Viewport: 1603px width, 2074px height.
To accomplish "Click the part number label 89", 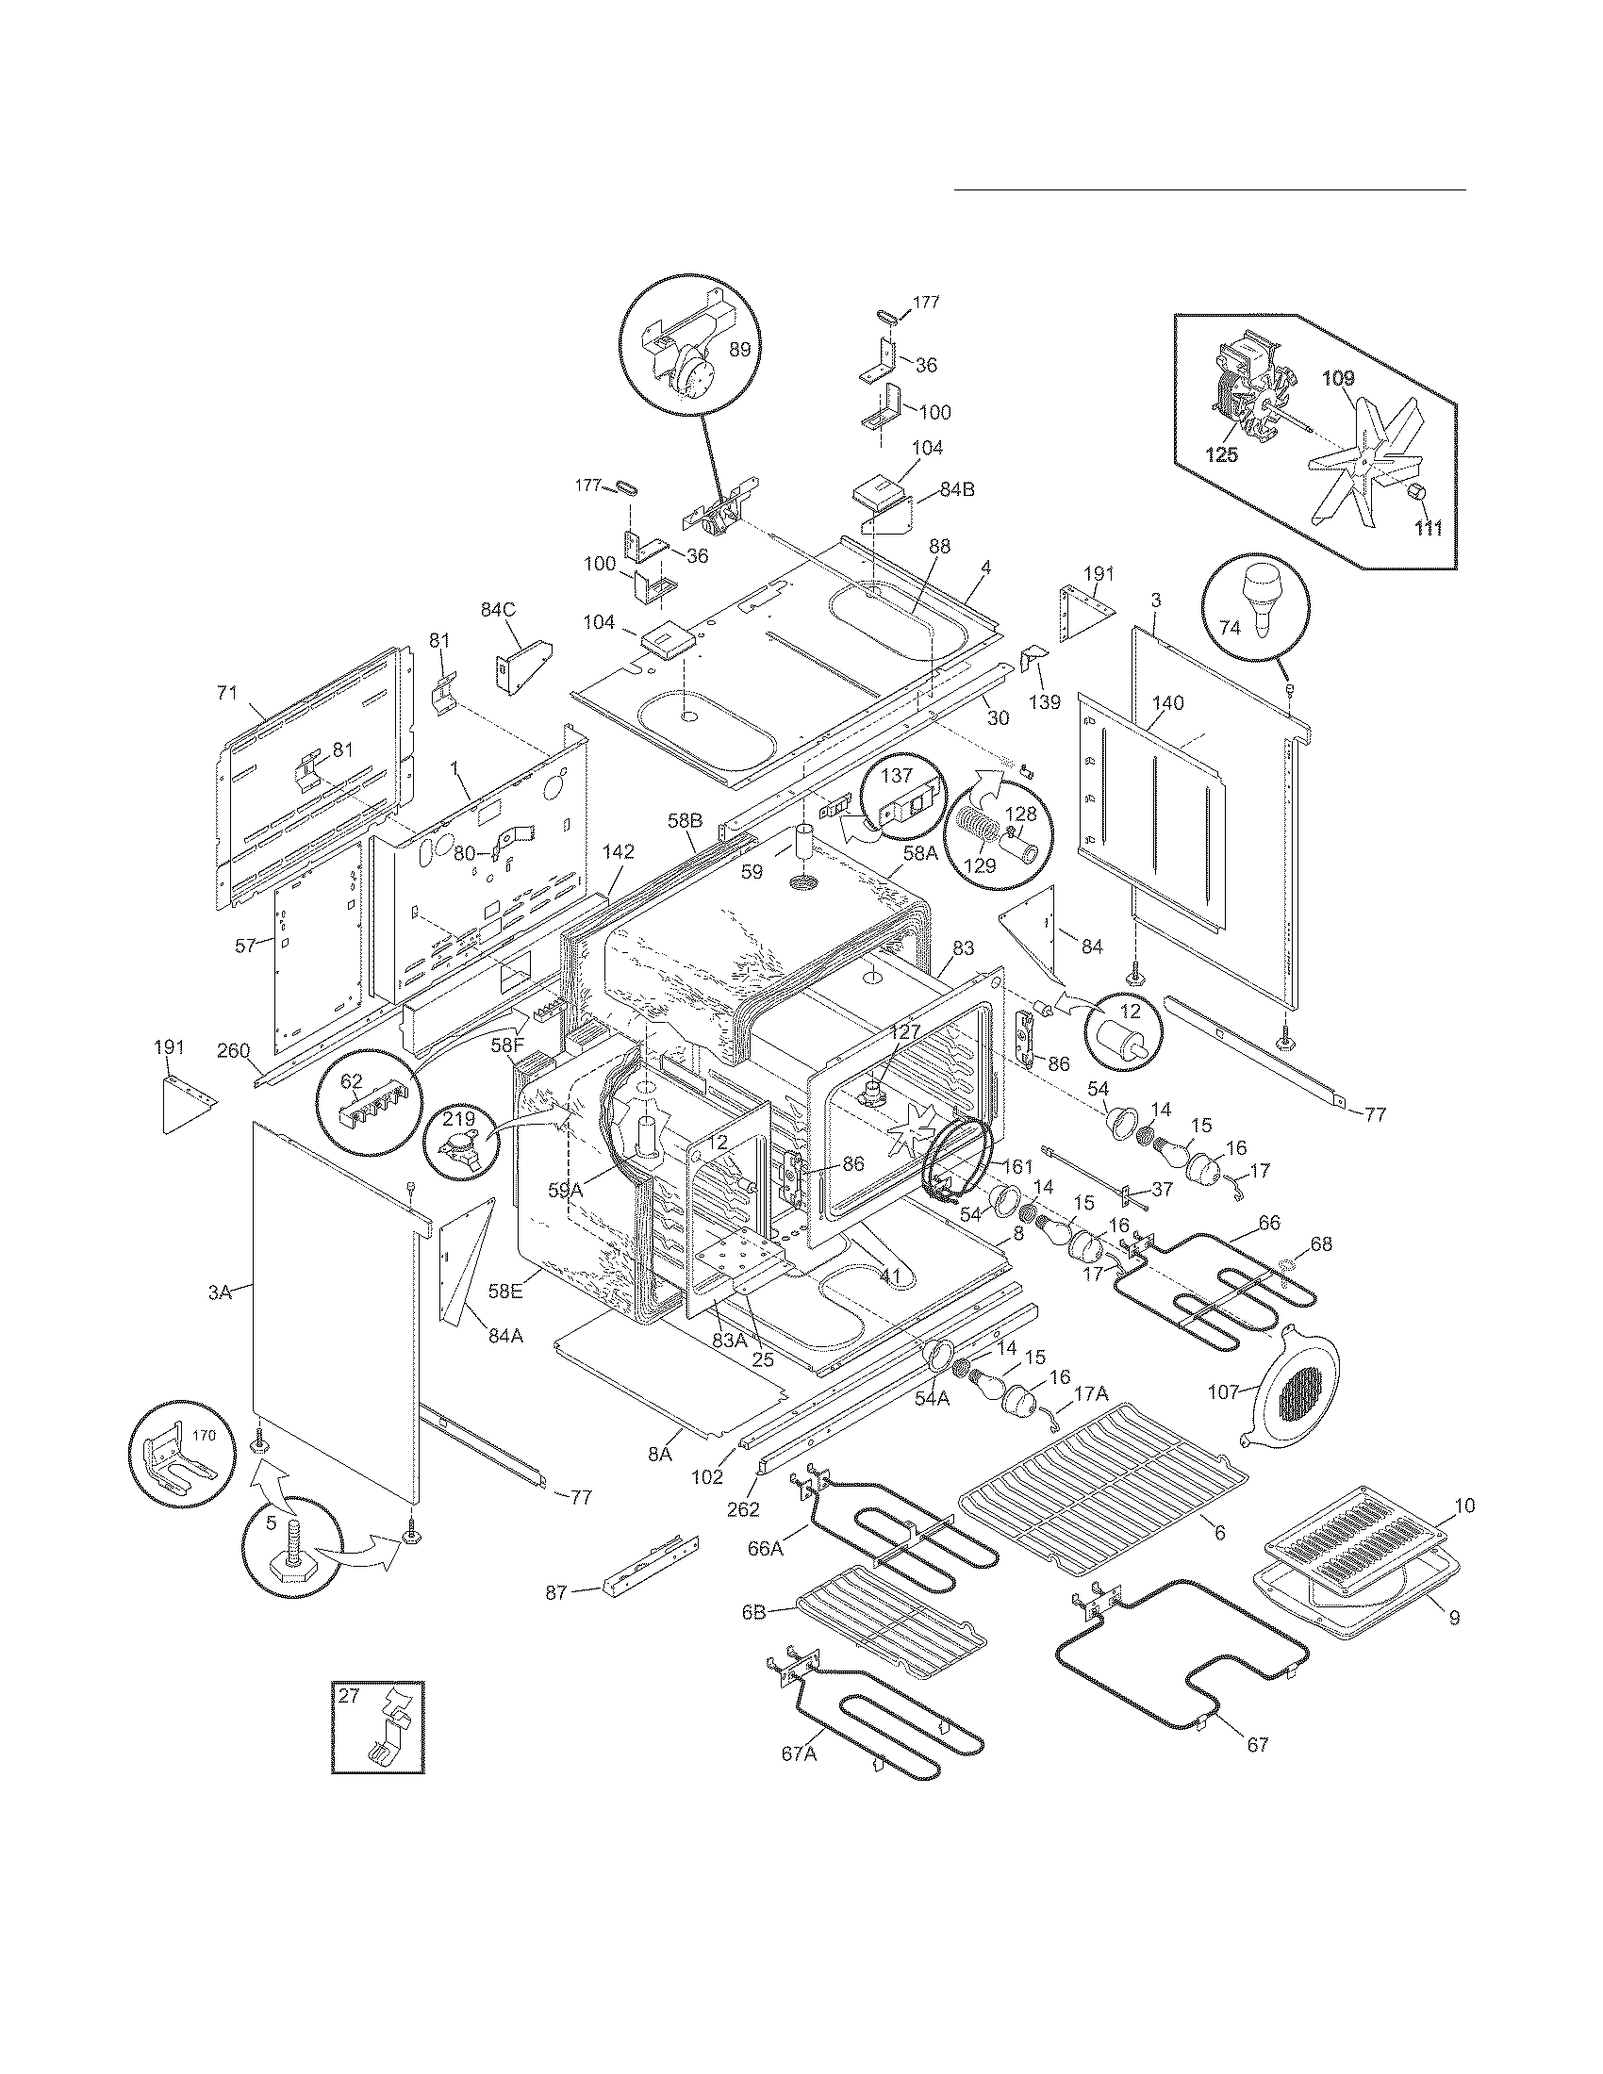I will tap(740, 349).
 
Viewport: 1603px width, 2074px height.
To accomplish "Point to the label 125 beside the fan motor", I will tap(1221, 455).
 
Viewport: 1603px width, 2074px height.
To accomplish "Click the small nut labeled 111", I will tap(1418, 495).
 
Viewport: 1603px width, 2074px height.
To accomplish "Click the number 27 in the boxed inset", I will tap(350, 1695).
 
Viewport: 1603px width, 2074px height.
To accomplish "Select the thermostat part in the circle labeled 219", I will tap(458, 1143).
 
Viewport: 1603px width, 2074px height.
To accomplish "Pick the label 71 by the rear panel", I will tap(226, 692).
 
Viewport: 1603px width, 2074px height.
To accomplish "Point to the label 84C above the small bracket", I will tap(497, 610).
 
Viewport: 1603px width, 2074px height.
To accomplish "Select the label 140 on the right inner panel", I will tap(1167, 702).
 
